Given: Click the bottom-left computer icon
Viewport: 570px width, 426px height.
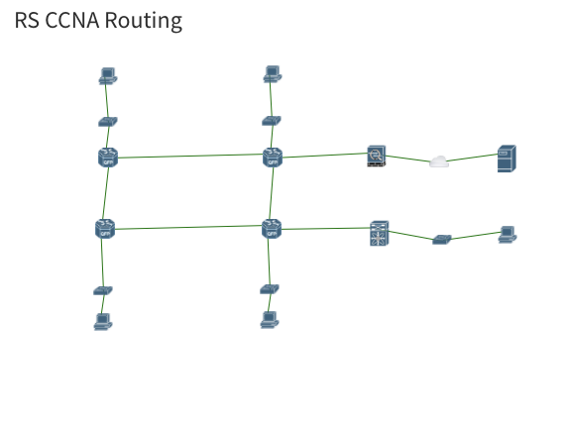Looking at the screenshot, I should (102, 320).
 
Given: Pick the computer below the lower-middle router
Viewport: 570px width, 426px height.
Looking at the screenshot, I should (269, 319).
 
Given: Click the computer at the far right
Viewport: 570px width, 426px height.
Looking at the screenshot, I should (508, 234).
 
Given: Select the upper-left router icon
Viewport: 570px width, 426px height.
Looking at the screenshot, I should (108, 157).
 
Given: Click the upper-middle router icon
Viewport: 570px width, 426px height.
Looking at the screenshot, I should (273, 157).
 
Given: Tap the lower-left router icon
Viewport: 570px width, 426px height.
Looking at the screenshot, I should (105, 229).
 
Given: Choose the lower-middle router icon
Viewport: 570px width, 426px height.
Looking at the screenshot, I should (271, 229).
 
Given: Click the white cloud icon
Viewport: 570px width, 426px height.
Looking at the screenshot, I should (439, 161).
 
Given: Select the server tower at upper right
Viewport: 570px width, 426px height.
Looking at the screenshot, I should (507, 159).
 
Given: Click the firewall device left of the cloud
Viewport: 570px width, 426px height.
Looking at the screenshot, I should (376, 155).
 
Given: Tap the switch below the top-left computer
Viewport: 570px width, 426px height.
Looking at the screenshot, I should (108, 121).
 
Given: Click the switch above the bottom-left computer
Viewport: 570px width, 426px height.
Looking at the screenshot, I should (103, 290).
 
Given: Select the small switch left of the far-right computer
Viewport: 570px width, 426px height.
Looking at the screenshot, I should (442, 239).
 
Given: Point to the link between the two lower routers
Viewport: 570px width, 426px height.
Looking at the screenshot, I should (188, 228).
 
